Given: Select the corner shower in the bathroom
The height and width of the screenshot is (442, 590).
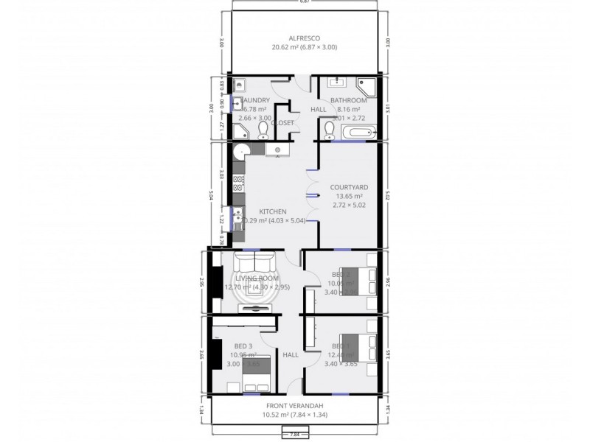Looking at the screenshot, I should (366, 86).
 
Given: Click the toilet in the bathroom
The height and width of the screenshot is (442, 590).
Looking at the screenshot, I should (329, 132).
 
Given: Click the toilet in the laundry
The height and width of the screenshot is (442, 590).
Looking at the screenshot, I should (263, 131).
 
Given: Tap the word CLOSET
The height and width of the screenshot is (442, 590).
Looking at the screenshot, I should (283, 122).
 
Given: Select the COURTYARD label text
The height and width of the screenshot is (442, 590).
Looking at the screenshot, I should (349, 187).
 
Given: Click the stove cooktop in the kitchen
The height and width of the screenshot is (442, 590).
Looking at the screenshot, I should (239, 184).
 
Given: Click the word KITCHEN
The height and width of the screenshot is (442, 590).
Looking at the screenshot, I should (272, 211).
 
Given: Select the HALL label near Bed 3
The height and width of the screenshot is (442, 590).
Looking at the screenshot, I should (291, 354).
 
